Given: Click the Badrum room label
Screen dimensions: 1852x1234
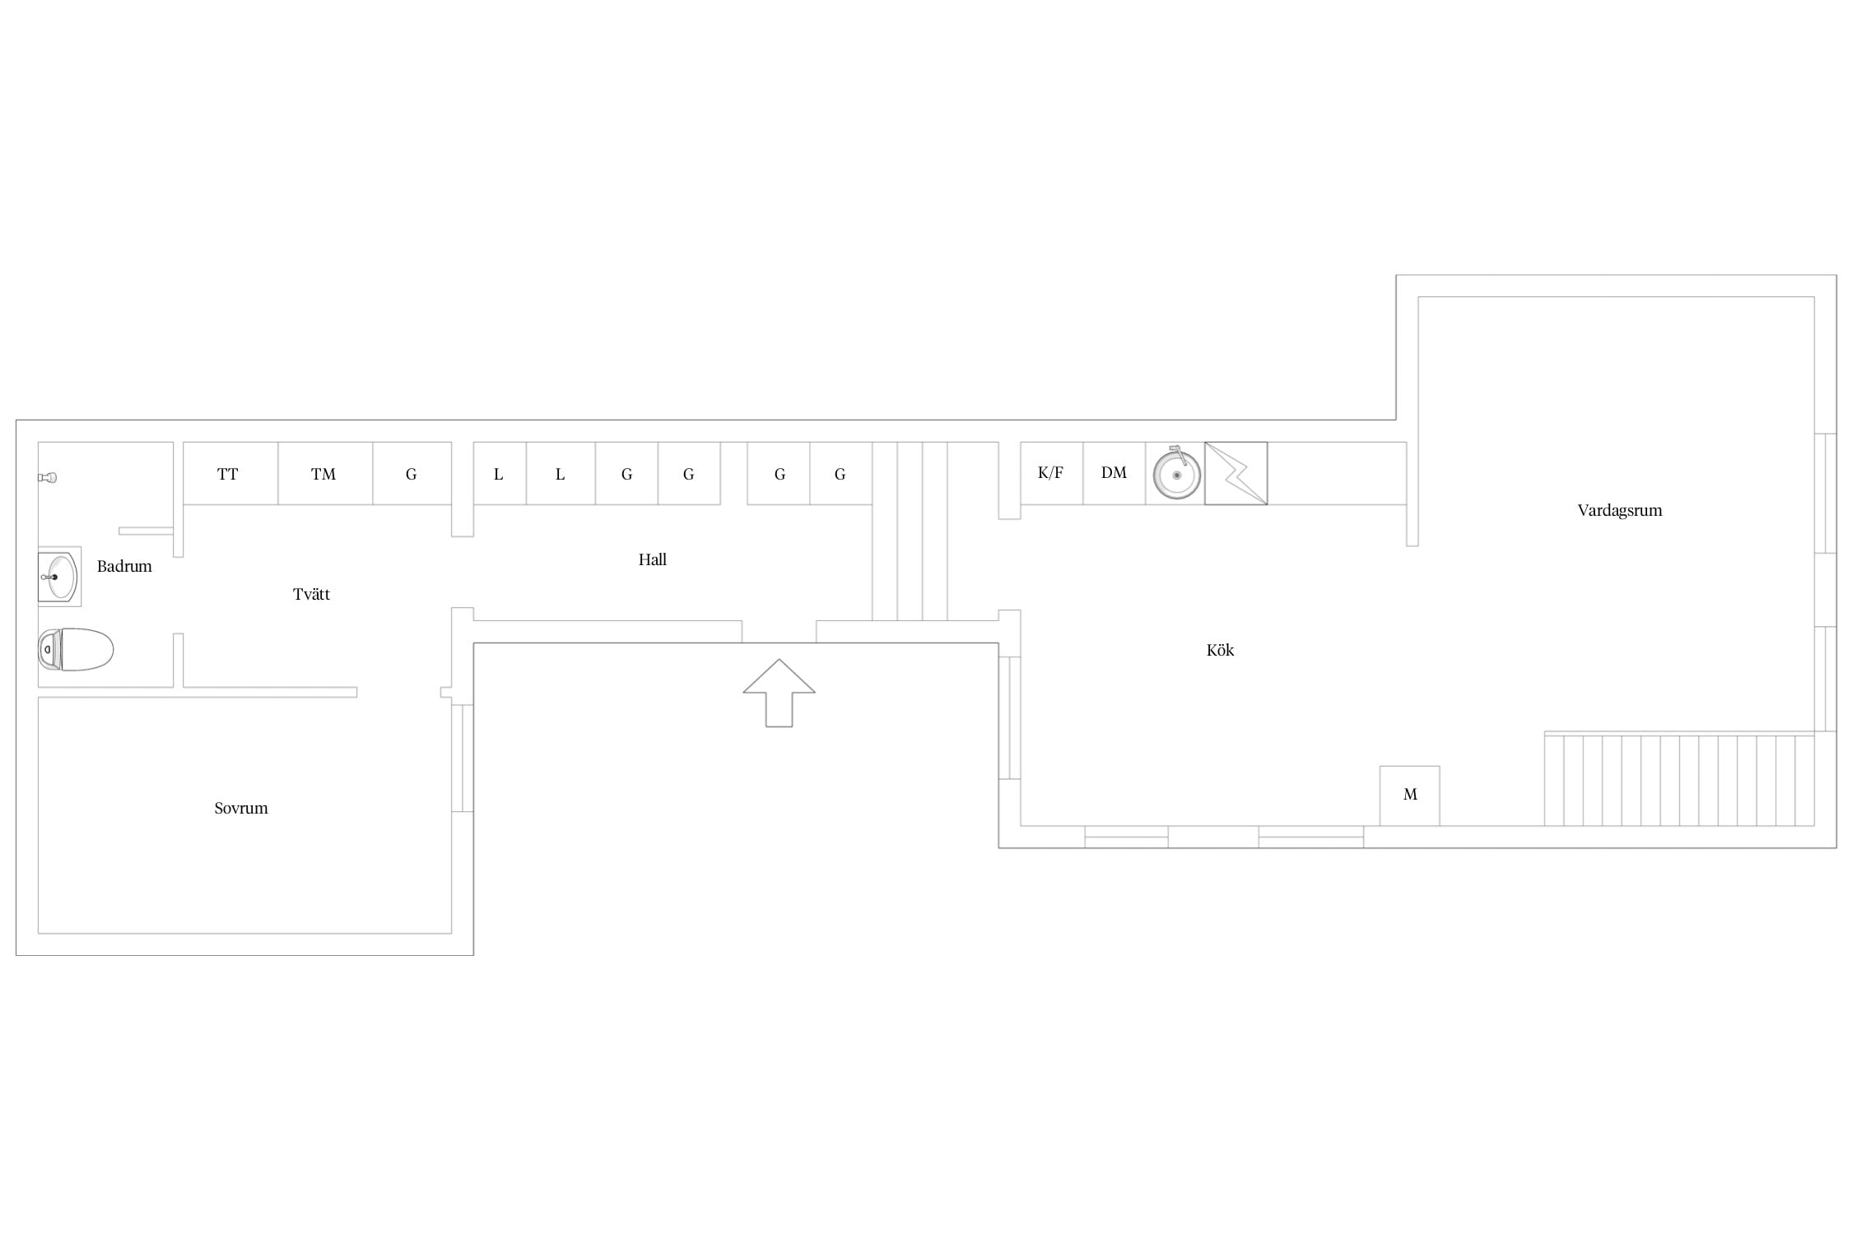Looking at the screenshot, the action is click(x=124, y=566).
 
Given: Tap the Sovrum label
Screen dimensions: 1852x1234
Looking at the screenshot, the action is click(x=241, y=808).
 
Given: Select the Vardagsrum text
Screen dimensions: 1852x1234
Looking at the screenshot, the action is click(x=1620, y=510).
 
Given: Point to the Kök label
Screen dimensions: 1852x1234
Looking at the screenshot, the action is click(x=1220, y=650).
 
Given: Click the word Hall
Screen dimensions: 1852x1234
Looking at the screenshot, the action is click(x=653, y=559).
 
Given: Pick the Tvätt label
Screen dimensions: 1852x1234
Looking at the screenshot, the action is click(x=311, y=594).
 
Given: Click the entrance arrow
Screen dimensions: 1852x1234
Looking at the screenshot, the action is click(x=779, y=693).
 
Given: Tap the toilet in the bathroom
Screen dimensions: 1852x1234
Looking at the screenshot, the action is click(x=76, y=649).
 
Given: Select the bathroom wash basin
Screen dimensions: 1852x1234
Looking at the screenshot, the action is click(x=59, y=577).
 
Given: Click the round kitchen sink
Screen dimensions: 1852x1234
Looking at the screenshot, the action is click(x=1176, y=474).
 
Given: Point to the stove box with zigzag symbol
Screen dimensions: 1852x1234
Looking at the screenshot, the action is click(x=1236, y=473).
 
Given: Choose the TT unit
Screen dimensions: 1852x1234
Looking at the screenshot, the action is click(x=230, y=473).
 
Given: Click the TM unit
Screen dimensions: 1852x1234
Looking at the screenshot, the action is click(x=325, y=473).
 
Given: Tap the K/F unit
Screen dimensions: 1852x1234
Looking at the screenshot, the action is click(x=1051, y=473).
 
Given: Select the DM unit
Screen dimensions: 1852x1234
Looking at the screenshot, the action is click(x=1114, y=473).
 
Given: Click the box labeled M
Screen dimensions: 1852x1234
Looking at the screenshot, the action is click(x=1410, y=796).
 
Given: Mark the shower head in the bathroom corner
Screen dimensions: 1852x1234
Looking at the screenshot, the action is click(x=47, y=477).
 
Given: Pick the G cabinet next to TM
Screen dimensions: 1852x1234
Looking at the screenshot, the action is click(x=412, y=473).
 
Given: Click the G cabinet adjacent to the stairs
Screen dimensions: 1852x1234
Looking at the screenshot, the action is click(x=840, y=473).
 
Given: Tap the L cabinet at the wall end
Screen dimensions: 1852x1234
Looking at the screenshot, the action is click(x=500, y=473).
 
